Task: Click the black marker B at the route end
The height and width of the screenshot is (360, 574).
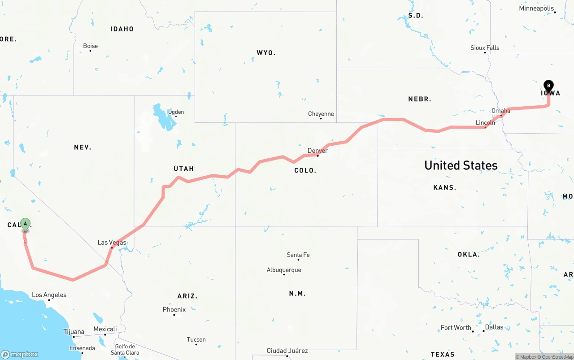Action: point(548,86)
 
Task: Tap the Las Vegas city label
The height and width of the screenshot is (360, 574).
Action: point(112,243)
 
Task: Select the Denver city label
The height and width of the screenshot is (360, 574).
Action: point(317,151)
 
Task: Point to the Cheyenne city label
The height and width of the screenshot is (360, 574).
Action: point(321,114)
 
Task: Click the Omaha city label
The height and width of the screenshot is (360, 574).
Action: point(501,111)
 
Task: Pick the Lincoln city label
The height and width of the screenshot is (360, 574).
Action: point(486,122)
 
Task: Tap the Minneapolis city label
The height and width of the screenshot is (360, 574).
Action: point(536,9)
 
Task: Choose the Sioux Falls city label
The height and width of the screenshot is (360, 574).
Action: point(485,48)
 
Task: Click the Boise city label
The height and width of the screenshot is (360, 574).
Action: point(91,46)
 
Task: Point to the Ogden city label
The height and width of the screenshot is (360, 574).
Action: point(176,112)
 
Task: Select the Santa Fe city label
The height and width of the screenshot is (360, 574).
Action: point(298,255)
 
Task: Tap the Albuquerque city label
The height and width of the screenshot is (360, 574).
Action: point(284,270)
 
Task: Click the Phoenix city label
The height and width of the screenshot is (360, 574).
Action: point(174,309)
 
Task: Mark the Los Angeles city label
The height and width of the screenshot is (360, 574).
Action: point(49,295)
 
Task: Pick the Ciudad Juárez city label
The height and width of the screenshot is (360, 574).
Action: point(287,351)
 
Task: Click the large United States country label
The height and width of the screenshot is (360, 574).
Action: point(461,165)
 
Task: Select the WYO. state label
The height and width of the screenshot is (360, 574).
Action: point(266,53)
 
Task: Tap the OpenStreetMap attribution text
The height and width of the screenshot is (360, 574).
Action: point(557,357)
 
